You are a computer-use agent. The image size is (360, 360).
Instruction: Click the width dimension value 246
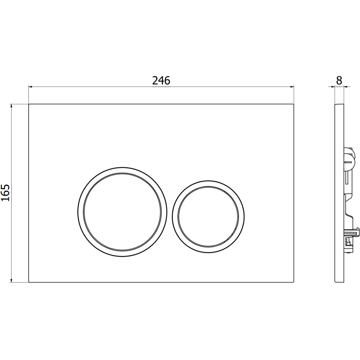(161, 81)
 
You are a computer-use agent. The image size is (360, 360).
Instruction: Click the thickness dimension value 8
(339, 81)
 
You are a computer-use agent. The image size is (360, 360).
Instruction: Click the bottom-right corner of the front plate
(293, 282)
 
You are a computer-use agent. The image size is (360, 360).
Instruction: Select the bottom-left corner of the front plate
(29, 282)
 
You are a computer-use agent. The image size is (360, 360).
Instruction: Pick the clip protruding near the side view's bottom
(354, 234)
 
